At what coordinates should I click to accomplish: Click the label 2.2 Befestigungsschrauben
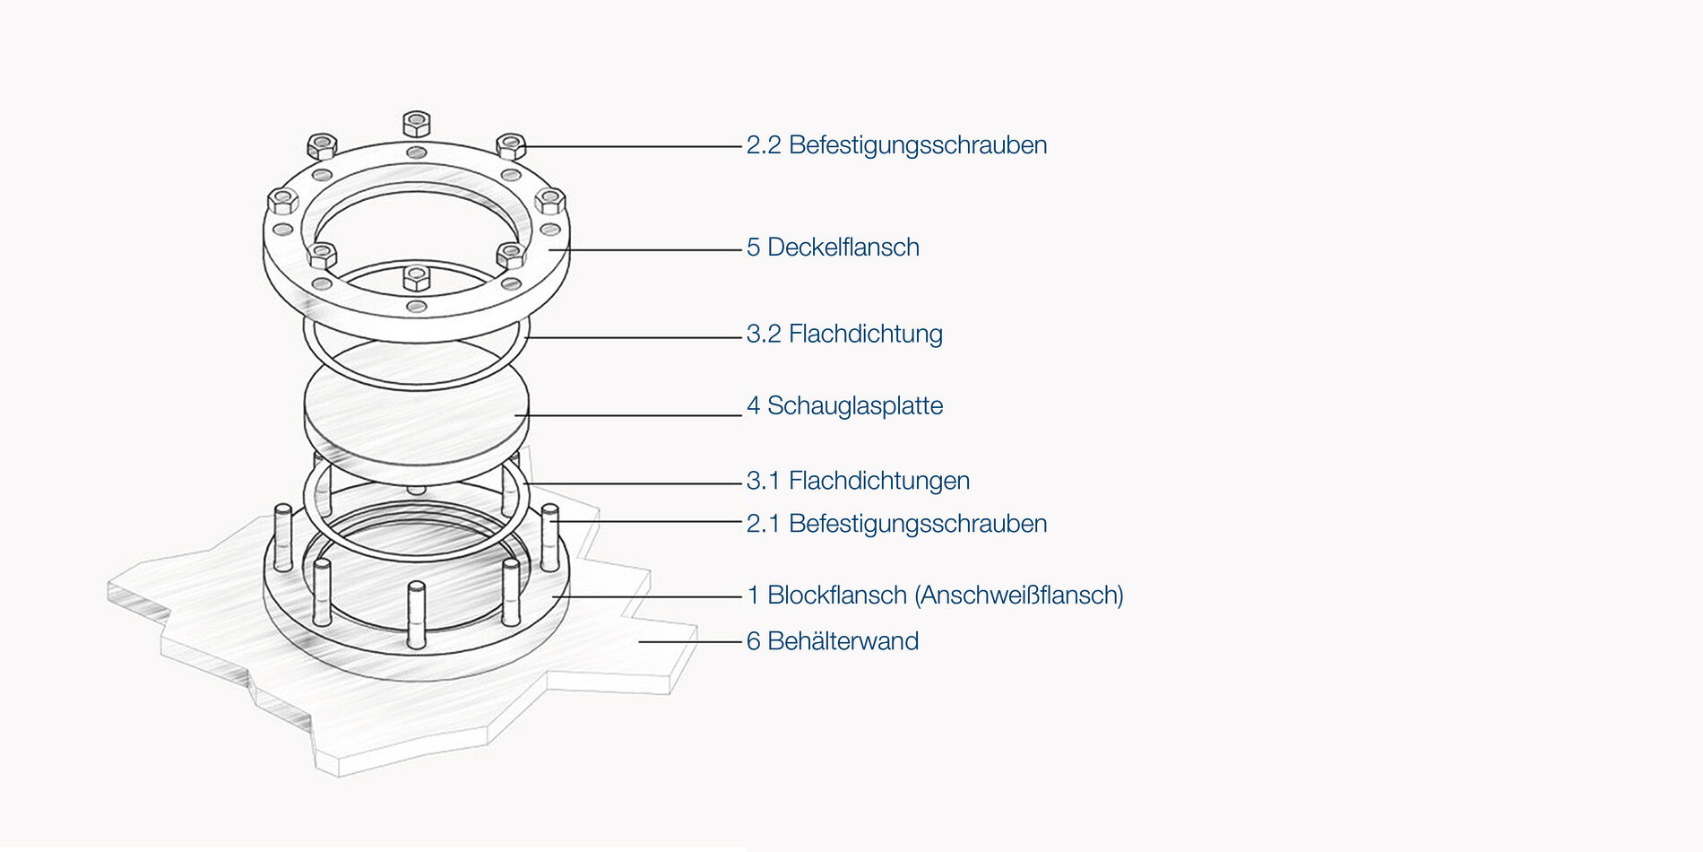click(896, 145)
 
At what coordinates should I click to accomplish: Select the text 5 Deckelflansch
click(833, 248)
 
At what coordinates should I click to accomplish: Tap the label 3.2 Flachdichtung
click(844, 334)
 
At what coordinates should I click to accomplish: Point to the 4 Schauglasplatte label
click(844, 405)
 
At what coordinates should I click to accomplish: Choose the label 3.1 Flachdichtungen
click(858, 481)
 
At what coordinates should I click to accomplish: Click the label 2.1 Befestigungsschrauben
click(896, 524)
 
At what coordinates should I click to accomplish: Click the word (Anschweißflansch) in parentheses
click(1019, 595)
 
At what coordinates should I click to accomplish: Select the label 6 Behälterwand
click(833, 641)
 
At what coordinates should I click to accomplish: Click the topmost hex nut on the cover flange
click(417, 124)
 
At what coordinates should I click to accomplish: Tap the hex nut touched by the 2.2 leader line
click(511, 145)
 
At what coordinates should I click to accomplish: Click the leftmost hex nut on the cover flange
click(283, 200)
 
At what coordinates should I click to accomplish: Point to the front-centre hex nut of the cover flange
click(417, 277)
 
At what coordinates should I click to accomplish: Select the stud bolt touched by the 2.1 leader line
click(550, 537)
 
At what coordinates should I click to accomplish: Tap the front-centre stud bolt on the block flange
click(416, 614)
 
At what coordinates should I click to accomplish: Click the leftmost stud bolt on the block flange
click(283, 537)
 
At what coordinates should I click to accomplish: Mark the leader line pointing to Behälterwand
click(690, 642)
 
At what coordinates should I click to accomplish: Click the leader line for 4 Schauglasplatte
click(628, 415)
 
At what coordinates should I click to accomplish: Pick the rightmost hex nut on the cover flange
click(550, 201)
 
